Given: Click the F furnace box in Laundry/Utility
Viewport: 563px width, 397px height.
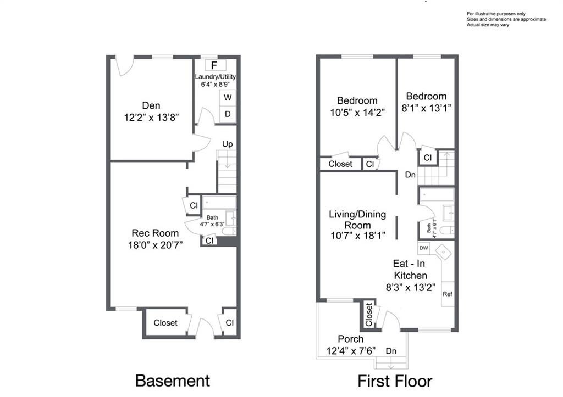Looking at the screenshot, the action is coord(215,65).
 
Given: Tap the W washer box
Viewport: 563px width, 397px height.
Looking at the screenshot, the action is coord(228,98).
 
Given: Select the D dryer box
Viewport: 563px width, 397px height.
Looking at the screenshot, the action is coord(228,114).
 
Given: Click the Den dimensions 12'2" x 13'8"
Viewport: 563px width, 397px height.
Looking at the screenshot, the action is coord(151,118).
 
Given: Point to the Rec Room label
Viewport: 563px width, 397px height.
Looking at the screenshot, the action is coord(155,233).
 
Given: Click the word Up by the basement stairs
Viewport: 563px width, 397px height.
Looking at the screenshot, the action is coord(227,144).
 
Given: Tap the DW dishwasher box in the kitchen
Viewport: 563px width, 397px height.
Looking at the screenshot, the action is coord(424,248).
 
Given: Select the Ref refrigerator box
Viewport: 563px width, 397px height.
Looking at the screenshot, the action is coord(448,294).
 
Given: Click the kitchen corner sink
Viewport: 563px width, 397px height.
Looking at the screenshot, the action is coord(444,253).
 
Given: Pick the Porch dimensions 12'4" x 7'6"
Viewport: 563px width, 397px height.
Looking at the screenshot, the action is coord(351,351).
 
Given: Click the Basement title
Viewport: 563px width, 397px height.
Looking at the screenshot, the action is coord(173,381).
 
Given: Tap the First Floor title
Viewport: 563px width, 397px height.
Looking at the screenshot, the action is coord(395,381).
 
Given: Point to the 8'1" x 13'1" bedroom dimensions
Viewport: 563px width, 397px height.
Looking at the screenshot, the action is coord(426,108).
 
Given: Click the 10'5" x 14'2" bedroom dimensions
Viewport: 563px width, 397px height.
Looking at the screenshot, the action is coord(357,113).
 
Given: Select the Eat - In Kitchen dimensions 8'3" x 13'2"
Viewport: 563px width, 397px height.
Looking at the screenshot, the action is coord(410,287).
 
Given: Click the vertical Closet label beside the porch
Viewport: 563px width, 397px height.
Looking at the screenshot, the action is coord(369,315).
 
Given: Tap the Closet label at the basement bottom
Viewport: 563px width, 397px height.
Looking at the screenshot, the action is coord(165,323).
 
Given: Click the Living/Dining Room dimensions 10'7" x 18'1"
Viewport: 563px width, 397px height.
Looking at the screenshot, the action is coord(357,236).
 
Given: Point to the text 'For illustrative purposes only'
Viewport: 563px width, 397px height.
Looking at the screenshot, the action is coord(496,14).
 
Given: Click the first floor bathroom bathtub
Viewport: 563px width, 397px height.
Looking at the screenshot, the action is coord(437,195).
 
